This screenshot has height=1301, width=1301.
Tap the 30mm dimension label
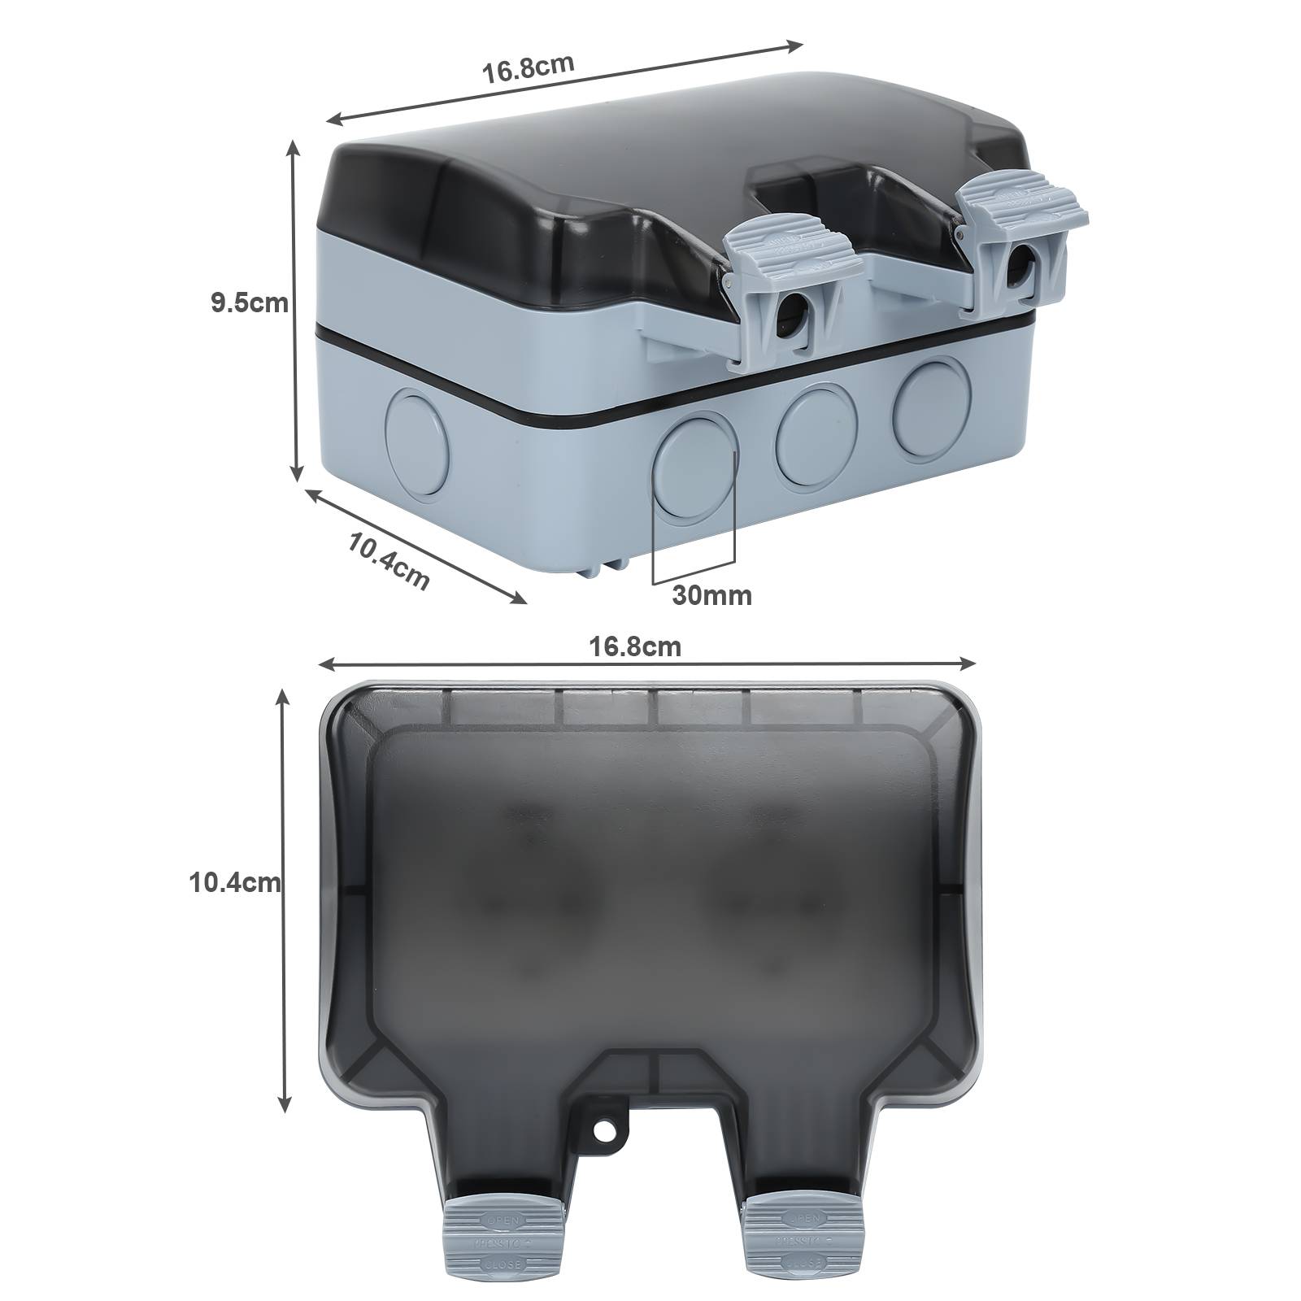(x=711, y=596)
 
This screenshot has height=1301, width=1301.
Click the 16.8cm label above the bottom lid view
(x=635, y=647)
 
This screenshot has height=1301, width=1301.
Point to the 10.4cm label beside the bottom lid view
(x=235, y=882)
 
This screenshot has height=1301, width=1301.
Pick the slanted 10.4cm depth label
(x=389, y=560)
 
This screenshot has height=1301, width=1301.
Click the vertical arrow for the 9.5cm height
(x=295, y=309)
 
